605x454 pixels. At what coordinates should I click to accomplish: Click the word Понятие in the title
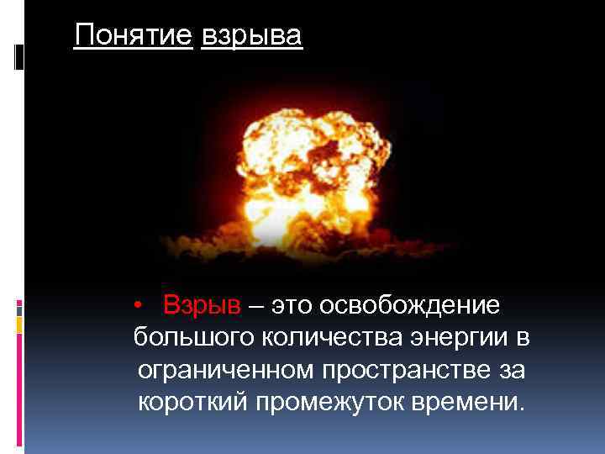click(x=134, y=37)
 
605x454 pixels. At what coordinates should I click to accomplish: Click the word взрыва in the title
click(x=251, y=37)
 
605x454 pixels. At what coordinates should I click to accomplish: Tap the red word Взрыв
click(x=202, y=305)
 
